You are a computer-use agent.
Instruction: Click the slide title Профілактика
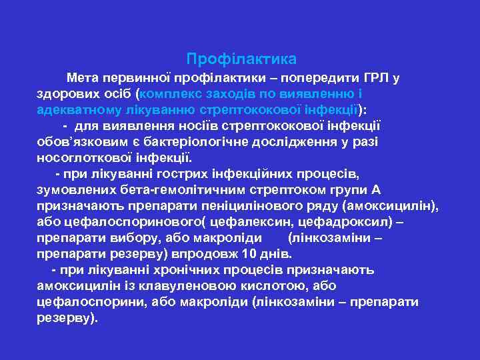click(x=241, y=59)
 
